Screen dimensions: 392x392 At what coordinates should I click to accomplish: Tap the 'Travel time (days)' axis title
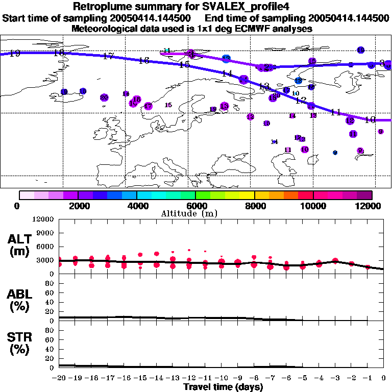[x=223, y=387]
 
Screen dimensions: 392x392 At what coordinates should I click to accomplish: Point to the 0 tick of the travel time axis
[x=384, y=378]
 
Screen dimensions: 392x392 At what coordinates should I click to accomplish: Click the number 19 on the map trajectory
[x=15, y=53]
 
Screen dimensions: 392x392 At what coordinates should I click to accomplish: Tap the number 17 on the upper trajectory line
[x=108, y=56]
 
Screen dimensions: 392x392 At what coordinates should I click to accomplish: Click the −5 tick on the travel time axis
[x=302, y=378]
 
